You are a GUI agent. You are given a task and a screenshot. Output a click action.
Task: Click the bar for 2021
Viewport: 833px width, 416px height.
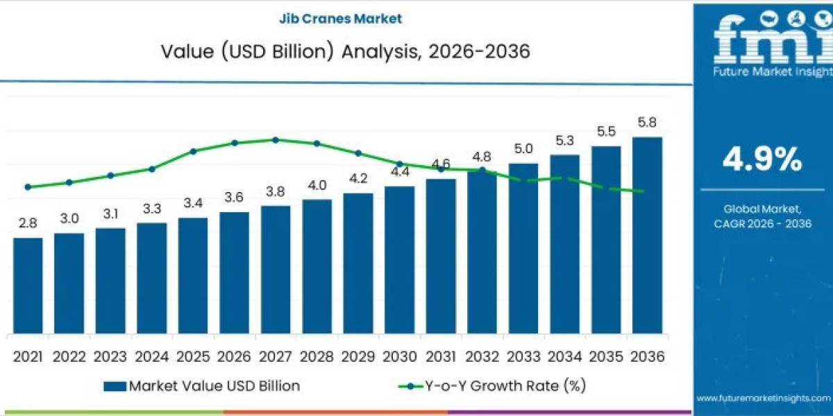[x=28, y=286]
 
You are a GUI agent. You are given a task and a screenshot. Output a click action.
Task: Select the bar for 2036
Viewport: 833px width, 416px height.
[x=647, y=236]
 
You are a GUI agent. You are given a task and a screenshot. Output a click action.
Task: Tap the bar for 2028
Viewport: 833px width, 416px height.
[x=317, y=267]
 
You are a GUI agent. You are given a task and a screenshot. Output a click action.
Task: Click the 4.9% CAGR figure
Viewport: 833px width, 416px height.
[x=762, y=160]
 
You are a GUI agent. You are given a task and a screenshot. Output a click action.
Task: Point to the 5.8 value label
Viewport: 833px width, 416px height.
[x=647, y=123]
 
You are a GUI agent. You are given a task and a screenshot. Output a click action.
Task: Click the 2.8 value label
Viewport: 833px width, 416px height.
[x=28, y=223]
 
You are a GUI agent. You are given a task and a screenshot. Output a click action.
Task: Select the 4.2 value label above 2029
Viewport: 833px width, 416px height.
[x=358, y=178]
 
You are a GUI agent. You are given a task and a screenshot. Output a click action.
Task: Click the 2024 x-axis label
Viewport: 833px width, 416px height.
[x=151, y=356]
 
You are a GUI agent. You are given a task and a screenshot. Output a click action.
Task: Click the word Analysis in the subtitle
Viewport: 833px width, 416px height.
[x=377, y=51]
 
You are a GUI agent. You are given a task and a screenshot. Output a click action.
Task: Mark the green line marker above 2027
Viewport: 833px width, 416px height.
[x=276, y=139]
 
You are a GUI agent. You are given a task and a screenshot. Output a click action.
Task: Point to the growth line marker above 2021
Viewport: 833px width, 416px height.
[x=28, y=187]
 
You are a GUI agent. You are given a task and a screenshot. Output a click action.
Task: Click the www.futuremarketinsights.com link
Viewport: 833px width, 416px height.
[x=763, y=398]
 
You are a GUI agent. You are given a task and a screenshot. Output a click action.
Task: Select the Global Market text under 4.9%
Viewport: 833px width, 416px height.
[x=762, y=208]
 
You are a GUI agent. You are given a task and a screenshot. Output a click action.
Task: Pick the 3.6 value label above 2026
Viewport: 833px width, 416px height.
[x=234, y=198]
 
